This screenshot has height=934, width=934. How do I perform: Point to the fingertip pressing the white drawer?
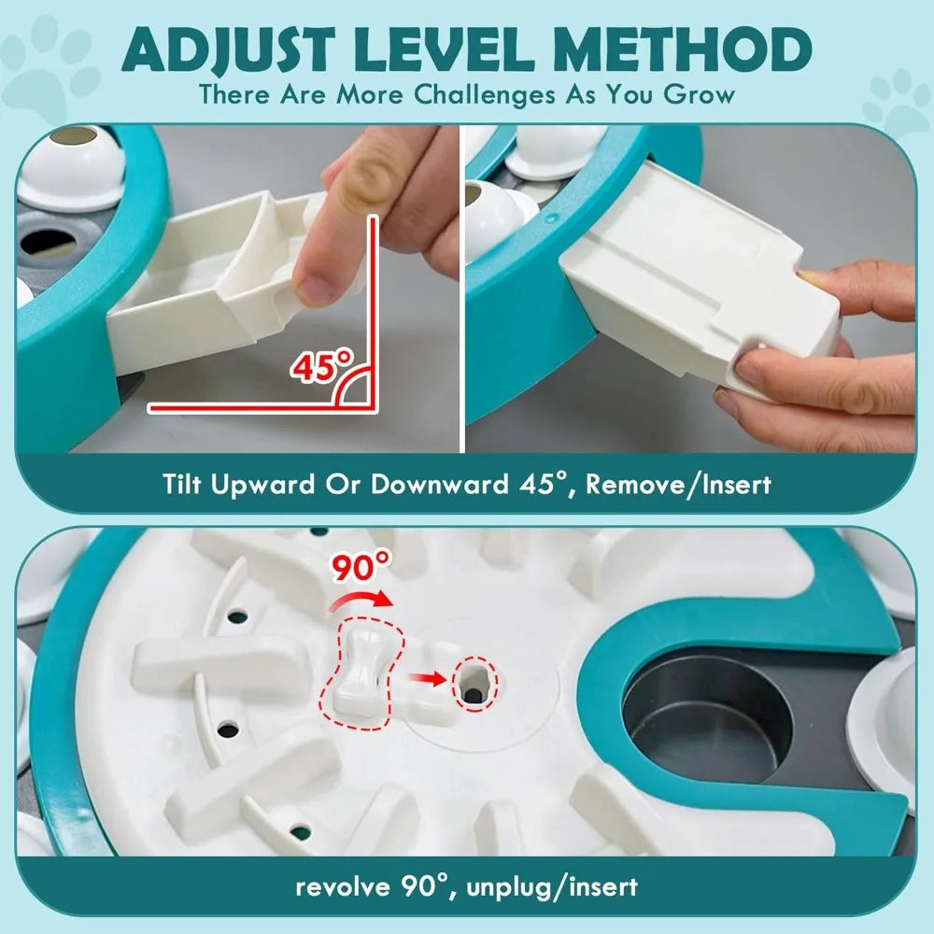313,280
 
